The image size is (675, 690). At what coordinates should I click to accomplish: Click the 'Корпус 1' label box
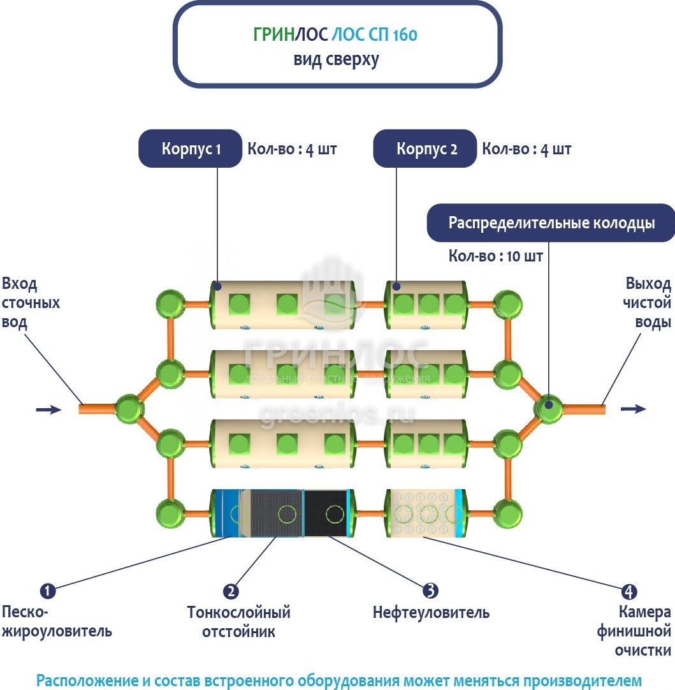[x=191, y=149]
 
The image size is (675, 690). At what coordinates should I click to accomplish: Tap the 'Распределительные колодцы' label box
[x=551, y=223]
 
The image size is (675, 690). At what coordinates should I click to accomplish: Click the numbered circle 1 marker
[x=48, y=591]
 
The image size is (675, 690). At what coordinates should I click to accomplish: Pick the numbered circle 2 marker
[x=231, y=591]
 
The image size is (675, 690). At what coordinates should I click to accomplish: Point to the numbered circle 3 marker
[x=430, y=591]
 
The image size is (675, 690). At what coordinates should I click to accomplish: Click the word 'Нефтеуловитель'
[x=431, y=613]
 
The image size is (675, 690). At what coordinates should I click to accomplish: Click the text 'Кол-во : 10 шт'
[x=496, y=256]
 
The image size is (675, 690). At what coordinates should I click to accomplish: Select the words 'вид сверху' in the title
[x=336, y=59]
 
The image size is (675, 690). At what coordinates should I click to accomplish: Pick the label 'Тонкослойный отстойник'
[x=238, y=622]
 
